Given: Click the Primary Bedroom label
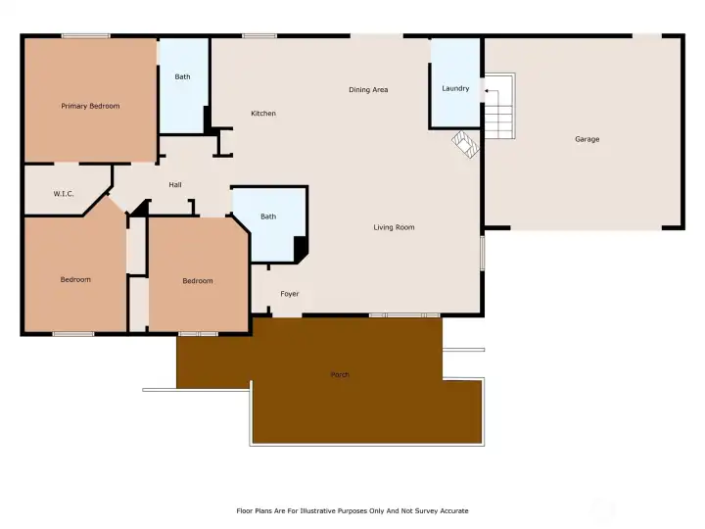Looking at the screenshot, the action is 90,106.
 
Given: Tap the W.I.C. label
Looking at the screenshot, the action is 64,194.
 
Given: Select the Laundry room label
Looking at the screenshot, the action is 455,88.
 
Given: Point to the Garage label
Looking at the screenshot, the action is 587,139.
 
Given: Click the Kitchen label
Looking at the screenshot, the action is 263,114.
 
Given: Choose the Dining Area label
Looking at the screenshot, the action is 368,90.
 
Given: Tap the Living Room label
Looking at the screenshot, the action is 394,227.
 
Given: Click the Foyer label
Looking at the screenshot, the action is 290,294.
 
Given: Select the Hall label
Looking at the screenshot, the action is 175,185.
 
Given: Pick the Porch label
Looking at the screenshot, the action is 340,374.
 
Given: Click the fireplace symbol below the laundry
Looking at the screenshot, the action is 465,144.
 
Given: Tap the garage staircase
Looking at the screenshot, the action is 499,106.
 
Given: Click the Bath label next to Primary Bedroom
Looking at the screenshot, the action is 182,77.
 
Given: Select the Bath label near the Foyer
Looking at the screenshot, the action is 268,216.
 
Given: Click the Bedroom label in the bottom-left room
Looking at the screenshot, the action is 75,280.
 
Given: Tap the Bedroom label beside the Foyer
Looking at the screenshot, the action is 198,281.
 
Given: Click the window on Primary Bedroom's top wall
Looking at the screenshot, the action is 86,36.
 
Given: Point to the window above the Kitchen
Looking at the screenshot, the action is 259,36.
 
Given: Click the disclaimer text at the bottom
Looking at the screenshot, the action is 352,511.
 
